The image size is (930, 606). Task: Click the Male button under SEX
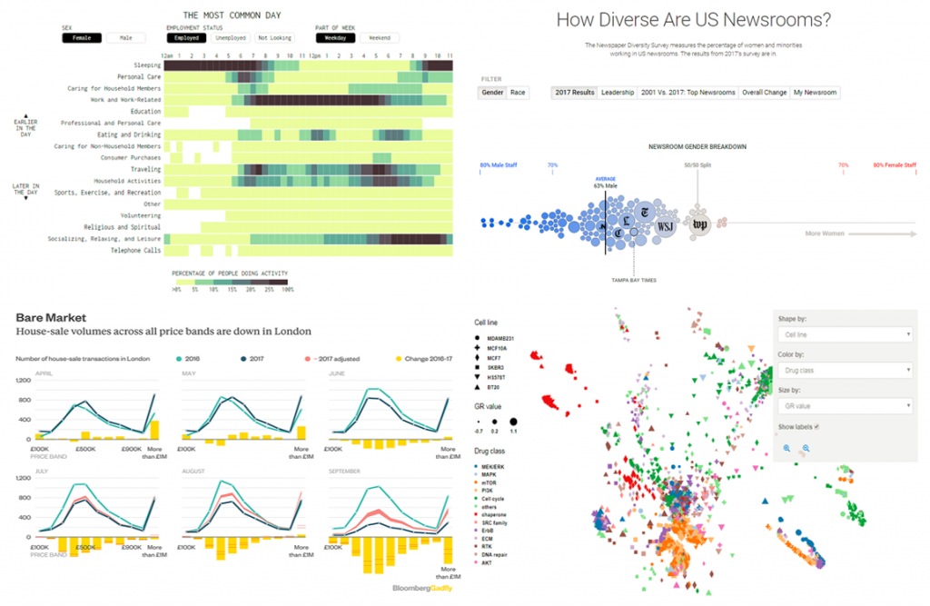click(x=125, y=38)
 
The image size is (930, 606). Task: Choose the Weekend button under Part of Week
click(x=379, y=38)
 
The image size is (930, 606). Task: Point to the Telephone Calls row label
click(x=136, y=251)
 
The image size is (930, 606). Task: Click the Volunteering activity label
click(x=140, y=216)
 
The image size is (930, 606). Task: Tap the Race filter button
click(x=518, y=93)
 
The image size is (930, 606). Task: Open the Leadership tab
click(x=617, y=93)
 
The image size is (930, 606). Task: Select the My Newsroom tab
click(x=816, y=93)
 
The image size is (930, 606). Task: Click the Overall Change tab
click(x=763, y=93)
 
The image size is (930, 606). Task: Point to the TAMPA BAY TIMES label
click(x=633, y=280)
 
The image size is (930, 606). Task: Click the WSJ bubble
click(x=665, y=224)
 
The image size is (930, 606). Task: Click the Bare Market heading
click(x=52, y=318)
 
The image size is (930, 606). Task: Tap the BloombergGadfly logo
click(x=421, y=588)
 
